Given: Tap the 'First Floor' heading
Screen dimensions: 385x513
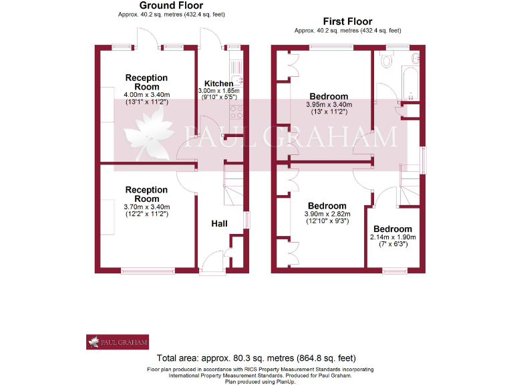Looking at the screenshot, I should click(347, 21).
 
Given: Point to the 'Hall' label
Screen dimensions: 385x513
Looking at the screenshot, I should click(220, 223).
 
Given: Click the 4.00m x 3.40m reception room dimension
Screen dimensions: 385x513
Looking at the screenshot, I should click(146, 95).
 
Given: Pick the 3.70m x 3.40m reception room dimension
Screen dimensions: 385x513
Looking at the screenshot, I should click(146, 207).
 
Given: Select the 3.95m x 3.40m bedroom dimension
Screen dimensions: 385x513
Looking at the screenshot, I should click(328, 105).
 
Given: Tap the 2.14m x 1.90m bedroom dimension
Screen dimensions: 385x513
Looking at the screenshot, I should click(393, 237).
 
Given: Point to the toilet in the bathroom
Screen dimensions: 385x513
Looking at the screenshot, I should click(385, 61).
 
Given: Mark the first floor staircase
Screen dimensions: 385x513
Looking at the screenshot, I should click(409, 181).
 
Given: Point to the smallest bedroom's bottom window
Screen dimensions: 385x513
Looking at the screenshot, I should click(393, 271).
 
